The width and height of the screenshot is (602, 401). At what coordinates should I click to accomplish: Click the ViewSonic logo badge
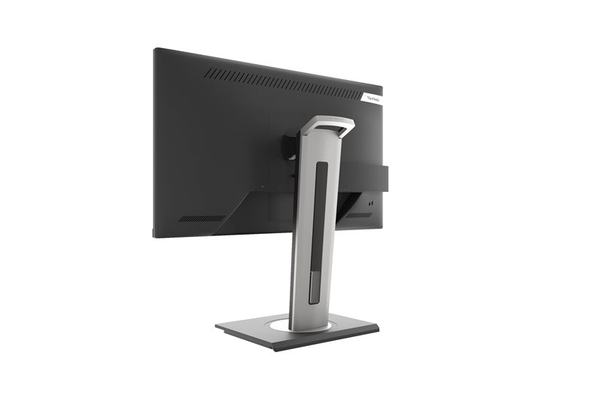(x=373, y=96)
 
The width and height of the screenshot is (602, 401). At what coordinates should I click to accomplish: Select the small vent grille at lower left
(x=202, y=219)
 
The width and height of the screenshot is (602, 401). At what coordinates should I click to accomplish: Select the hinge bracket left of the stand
(x=290, y=147)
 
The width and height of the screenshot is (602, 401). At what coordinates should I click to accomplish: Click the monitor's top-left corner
(x=155, y=50)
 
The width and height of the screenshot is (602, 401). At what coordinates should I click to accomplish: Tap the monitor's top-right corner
(x=382, y=87)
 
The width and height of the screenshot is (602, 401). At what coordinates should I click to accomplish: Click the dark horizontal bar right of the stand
(x=365, y=177)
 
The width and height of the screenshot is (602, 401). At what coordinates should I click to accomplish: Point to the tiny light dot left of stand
(x=262, y=187)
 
